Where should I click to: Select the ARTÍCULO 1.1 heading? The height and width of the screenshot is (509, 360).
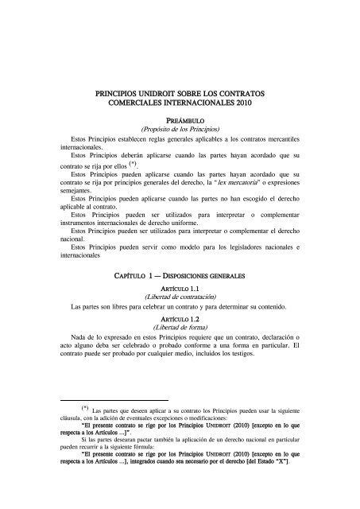point(180,291)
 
